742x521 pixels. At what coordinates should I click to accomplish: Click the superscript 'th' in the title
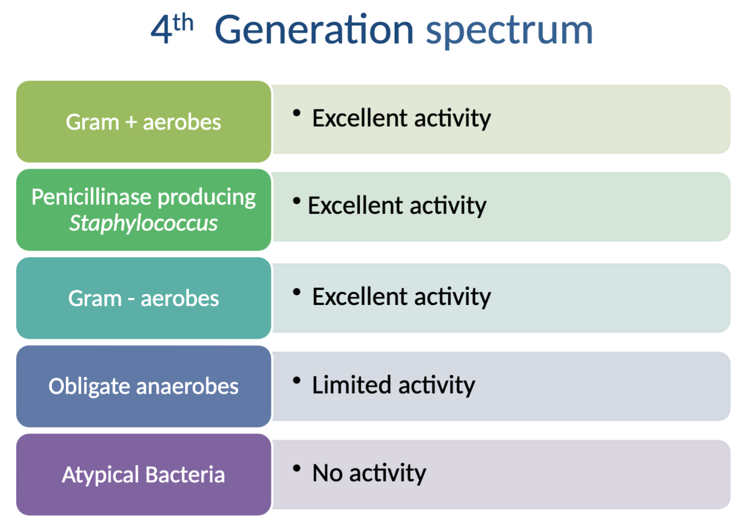click(184, 23)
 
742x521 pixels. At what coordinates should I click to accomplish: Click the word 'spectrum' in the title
click(509, 31)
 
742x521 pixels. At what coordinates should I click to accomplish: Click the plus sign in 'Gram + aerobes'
click(131, 122)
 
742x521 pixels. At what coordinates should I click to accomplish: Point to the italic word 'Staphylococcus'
click(144, 223)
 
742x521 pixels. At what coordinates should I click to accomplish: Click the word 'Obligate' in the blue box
click(89, 387)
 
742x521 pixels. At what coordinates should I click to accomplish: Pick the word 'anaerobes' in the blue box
click(187, 387)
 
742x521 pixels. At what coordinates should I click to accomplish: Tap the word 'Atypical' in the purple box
click(101, 475)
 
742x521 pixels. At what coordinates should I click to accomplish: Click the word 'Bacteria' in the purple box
click(185, 475)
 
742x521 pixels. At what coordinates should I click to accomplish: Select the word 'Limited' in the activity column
click(352, 385)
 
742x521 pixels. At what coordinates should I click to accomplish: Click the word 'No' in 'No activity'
click(328, 473)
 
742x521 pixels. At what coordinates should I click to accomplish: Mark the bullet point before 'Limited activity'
click(296, 380)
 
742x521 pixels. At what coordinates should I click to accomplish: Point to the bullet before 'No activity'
click(296, 468)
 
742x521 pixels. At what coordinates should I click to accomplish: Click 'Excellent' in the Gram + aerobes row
click(359, 118)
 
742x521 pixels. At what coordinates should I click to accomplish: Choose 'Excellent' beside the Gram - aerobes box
click(359, 297)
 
